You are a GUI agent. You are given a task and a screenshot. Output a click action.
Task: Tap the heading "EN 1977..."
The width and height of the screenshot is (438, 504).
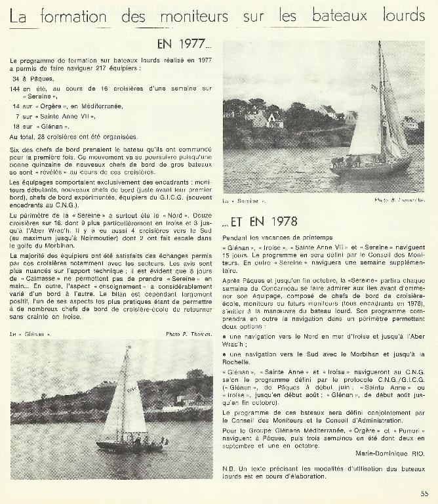[x=185, y=45]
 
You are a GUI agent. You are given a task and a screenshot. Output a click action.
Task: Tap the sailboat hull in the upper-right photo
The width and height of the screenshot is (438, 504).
[x=370, y=169]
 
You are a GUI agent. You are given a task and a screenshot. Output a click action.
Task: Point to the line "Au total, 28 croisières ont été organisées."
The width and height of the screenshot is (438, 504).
[x=73, y=136]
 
